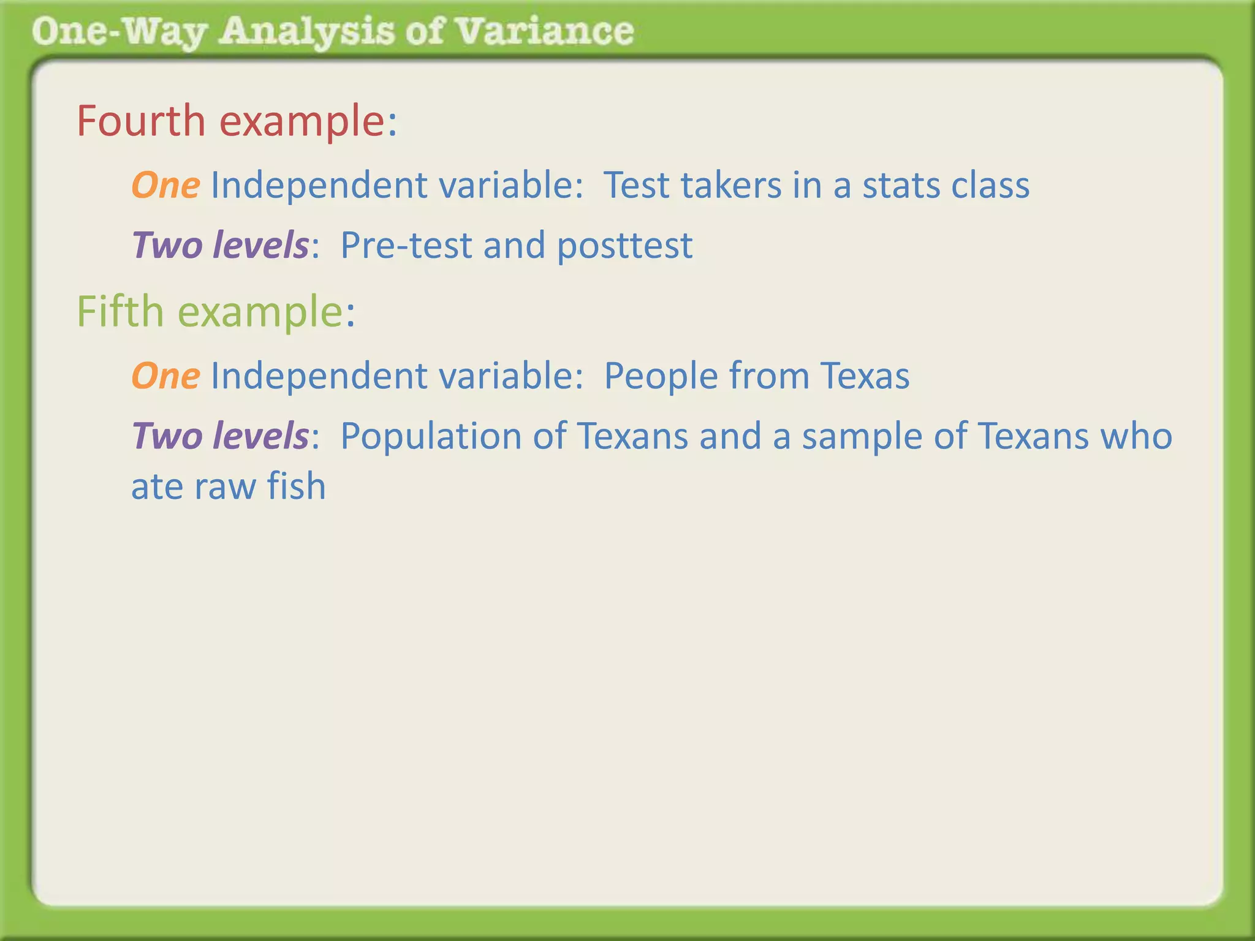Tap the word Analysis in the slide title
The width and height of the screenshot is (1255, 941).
click(306, 32)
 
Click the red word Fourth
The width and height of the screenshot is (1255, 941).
click(141, 121)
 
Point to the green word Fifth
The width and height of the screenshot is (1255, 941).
click(120, 312)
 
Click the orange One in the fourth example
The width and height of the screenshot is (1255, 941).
click(165, 186)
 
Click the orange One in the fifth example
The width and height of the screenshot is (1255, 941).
click(165, 376)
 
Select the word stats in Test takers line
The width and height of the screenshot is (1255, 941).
click(901, 186)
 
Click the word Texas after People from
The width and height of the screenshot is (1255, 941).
click(865, 376)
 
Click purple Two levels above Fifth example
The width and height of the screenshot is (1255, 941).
click(221, 246)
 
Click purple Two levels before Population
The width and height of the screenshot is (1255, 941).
click(221, 437)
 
